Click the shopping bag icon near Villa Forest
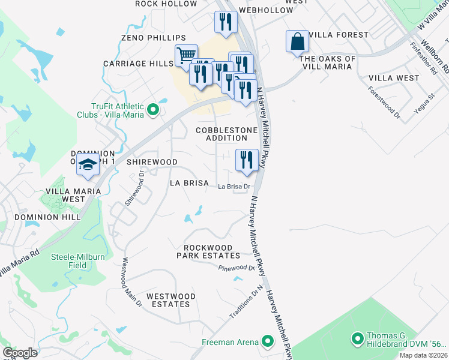coord(297,42)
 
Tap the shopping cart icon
coord(187,55)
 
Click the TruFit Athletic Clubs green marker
coord(153,109)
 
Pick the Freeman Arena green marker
coord(268,342)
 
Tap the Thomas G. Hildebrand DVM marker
coord(358,340)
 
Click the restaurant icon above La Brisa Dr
coord(247,160)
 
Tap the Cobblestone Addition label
coord(227,134)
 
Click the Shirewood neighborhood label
coord(152,162)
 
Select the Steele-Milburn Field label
coord(77,260)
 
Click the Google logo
coord(20,353)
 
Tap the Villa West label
coord(394,78)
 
